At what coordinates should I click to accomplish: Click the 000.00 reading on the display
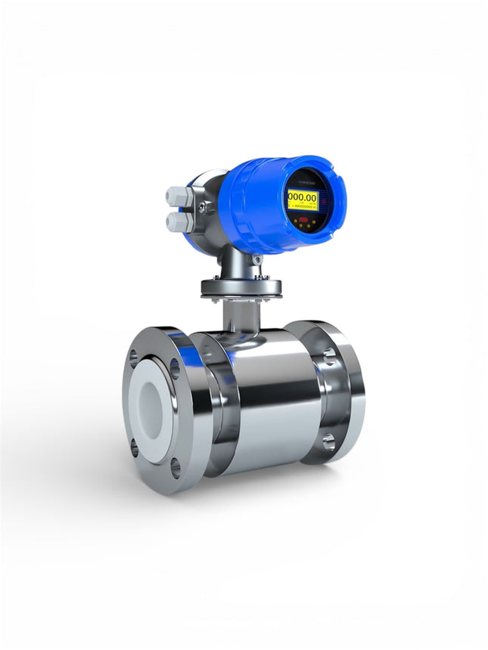tap(302, 197)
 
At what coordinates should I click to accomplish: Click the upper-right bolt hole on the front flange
tap(175, 368)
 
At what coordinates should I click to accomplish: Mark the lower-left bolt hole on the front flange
tap(135, 447)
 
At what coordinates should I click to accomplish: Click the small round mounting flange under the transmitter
tap(241, 288)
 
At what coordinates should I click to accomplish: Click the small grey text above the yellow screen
tap(306, 184)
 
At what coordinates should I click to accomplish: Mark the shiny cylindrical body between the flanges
tap(272, 401)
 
